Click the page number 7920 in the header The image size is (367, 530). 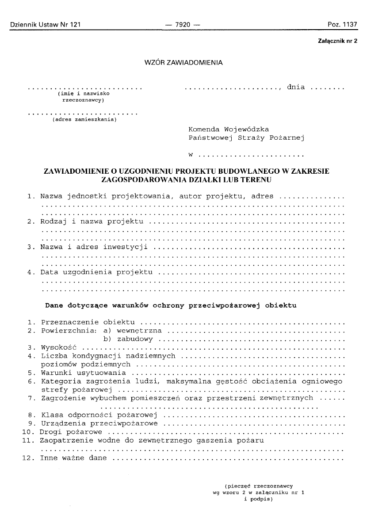[182, 25]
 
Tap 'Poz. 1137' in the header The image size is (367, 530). [342, 25]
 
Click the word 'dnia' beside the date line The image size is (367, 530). [296, 87]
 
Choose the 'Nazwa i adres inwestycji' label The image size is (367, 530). [94, 246]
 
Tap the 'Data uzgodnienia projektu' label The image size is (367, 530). [96, 271]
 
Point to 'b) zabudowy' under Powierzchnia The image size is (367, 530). [128, 339]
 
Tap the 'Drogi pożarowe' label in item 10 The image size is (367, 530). [71, 432]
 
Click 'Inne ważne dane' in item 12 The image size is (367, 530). [73, 458]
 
